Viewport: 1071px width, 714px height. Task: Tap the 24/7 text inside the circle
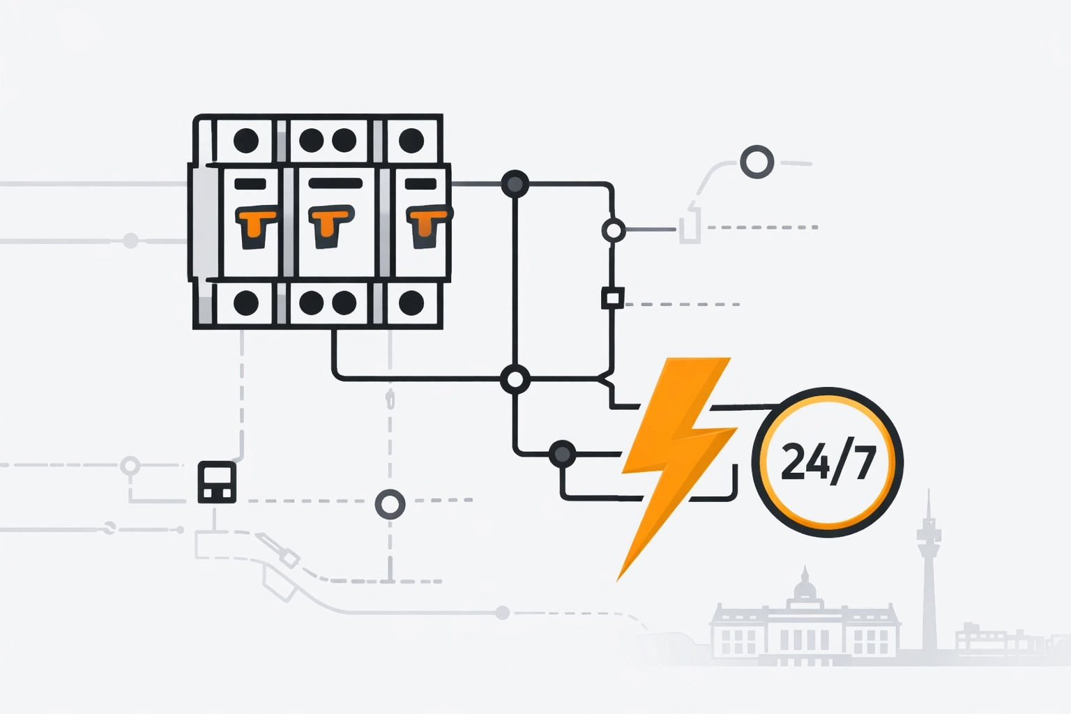(x=828, y=462)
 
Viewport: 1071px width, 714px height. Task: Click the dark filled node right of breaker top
(x=515, y=184)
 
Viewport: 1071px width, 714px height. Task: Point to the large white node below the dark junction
(x=515, y=379)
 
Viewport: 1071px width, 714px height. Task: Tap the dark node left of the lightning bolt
(x=562, y=455)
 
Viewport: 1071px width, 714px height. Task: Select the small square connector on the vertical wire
(x=612, y=298)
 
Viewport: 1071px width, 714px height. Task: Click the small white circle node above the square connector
(x=613, y=229)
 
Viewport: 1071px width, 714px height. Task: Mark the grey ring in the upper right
(x=757, y=162)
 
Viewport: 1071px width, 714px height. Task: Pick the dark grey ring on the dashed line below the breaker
(x=390, y=504)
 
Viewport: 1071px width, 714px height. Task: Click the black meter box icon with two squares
(x=217, y=482)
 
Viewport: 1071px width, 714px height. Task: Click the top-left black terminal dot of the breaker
(x=246, y=140)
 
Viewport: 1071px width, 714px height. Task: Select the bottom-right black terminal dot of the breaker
(x=411, y=303)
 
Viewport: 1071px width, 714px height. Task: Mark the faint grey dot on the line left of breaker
(x=130, y=241)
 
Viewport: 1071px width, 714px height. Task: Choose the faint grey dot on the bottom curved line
(x=502, y=613)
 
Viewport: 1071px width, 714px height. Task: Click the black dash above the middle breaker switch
(x=335, y=183)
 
